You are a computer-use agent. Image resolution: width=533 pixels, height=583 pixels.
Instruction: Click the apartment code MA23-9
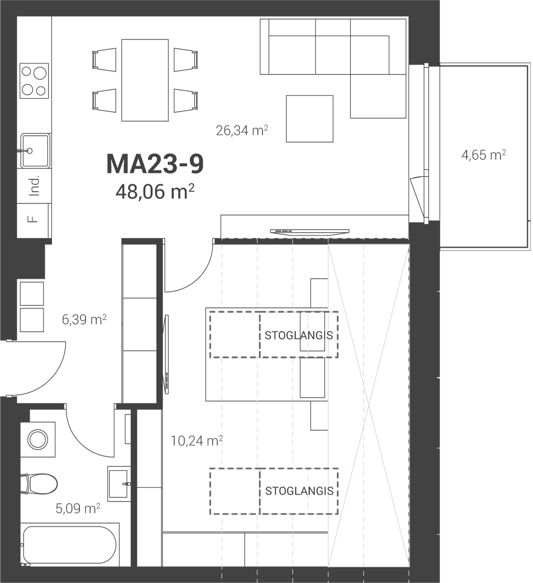[x=155, y=164]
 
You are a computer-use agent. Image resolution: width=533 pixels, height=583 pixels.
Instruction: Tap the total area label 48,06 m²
[x=155, y=192]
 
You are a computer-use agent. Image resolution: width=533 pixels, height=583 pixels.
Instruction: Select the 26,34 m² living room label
[x=242, y=131]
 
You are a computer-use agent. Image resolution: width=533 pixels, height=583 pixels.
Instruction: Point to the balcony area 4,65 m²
[x=484, y=155]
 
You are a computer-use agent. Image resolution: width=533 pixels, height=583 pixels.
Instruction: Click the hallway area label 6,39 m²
[x=84, y=320]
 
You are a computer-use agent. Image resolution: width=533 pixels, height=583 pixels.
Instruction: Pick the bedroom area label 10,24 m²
[x=197, y=441]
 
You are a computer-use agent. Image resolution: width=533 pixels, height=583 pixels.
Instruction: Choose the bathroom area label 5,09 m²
[x=78, y=509]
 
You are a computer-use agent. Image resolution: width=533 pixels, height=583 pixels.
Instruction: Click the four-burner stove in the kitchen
[x=34, y=81]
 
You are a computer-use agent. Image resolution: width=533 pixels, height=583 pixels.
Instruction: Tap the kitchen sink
[x=35, y=151]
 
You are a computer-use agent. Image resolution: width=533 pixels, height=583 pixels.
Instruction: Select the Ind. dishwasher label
[x=34, y=186]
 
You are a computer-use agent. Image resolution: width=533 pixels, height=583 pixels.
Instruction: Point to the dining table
[x=145, y=80]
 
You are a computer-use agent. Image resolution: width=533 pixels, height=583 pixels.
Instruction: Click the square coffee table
[x=310, y=119]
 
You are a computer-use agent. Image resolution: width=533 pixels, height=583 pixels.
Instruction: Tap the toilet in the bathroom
[x=39, y=484]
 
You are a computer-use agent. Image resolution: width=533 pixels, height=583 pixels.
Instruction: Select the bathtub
[x=70, y=545]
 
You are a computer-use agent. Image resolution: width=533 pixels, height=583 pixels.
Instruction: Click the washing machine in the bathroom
[x=38, y=439]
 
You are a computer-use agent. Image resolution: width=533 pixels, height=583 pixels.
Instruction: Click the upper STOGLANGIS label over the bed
[x=299, y=335]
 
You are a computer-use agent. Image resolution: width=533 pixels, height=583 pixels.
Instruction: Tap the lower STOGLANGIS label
[x=299, y=491]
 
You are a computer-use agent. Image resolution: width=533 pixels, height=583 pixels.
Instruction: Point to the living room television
[x=310, y=231]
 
